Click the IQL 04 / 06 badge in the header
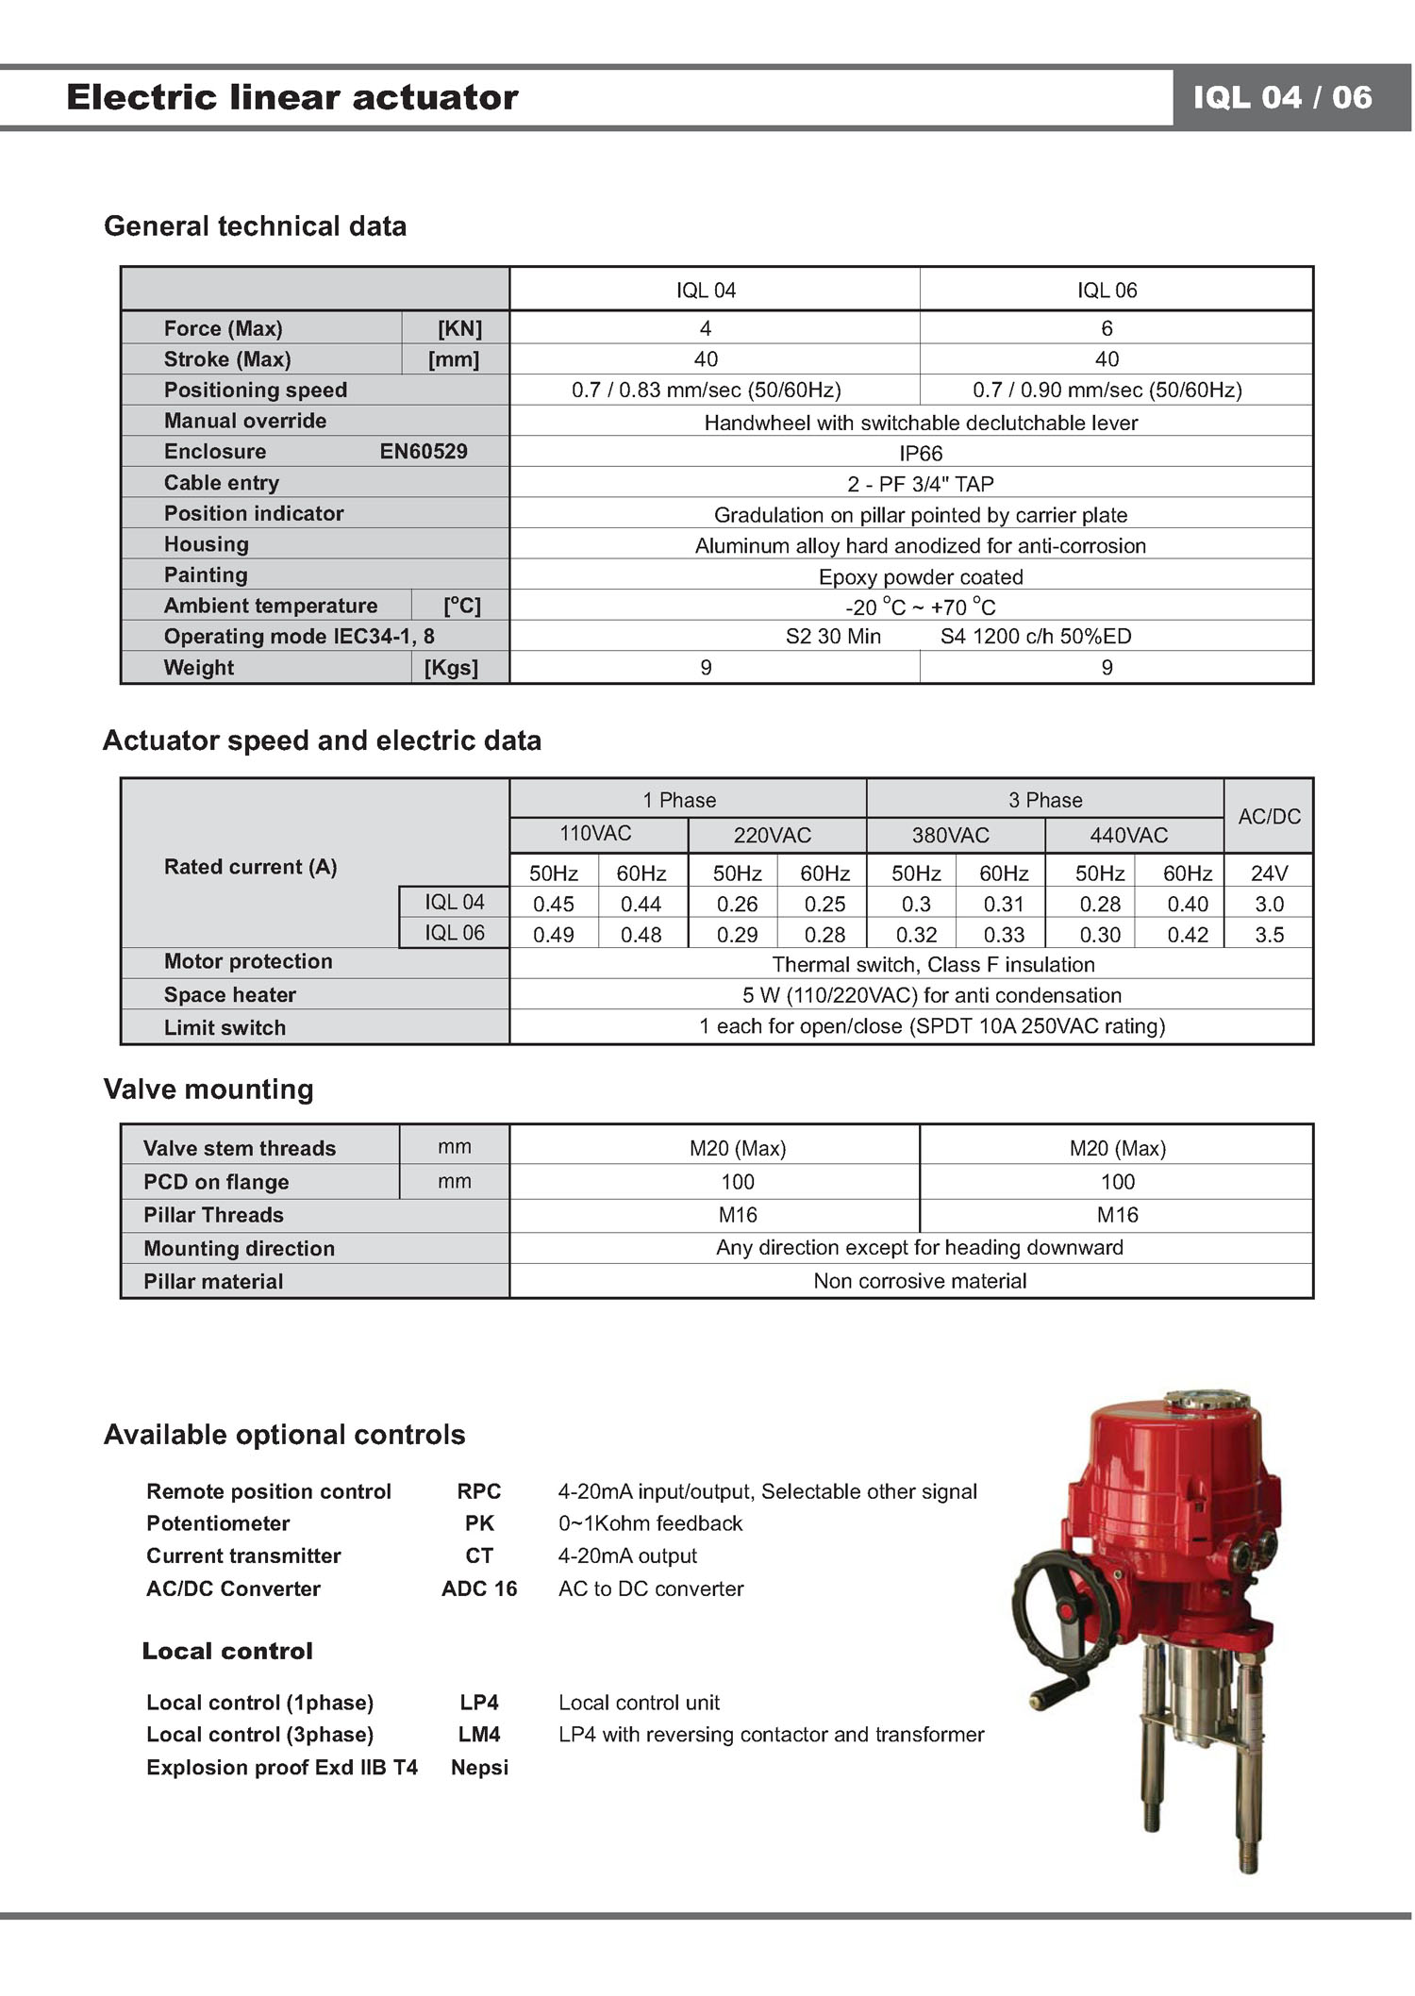tap(1282, 97)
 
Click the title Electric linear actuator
tap(292, 97)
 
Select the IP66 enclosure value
tap(920, 454)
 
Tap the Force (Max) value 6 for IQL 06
tap(1107, 328)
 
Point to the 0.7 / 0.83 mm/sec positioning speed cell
tap(706, 391)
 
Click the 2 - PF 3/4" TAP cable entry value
tap(920, 485)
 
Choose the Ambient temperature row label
tap(271, 606)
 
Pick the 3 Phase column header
tap(1044, 800)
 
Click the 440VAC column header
tap(1128, 835)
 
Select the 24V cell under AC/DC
tap(1269, 873)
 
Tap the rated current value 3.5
tap(1269, 935)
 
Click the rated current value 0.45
tap(554, 904)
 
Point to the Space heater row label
tap(230, 995)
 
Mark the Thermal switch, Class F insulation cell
tap(933, 965)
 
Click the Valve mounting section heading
tap(208, 1089)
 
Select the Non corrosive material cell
tap(920, 1281)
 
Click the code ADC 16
tap(479, 1588)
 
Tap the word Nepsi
tap(479, 1768)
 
